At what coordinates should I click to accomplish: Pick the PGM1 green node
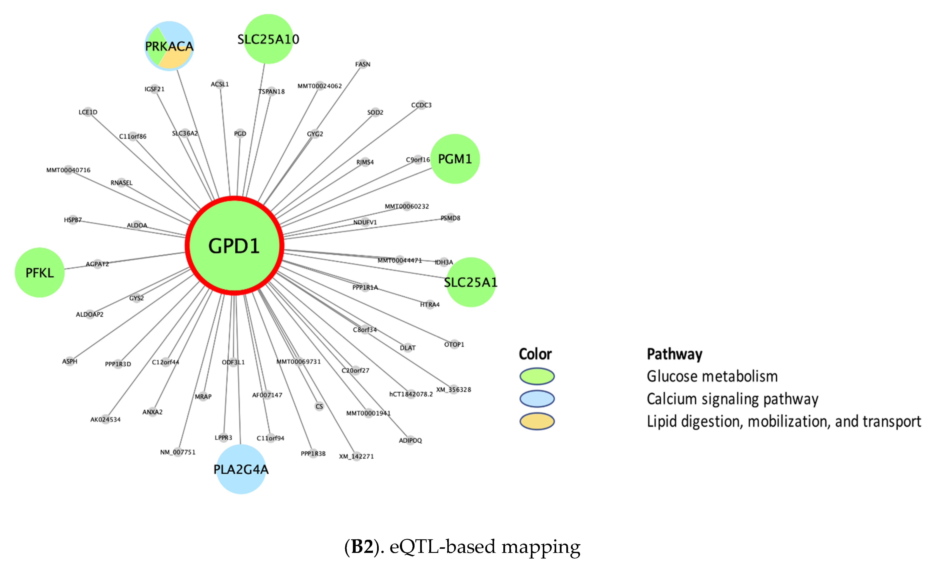pos(455,159)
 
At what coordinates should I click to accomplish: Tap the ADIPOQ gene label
pos(410,440)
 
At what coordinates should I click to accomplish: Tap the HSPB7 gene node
pos(73,220)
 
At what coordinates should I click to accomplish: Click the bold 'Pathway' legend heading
pos(674,354)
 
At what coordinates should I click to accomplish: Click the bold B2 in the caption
pos(362,547)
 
